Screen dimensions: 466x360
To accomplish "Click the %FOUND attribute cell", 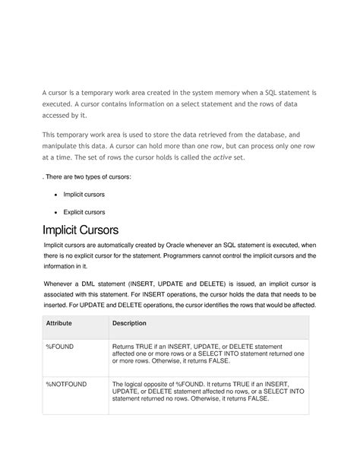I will point(62,346).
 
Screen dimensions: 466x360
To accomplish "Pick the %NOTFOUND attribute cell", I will point(67,384).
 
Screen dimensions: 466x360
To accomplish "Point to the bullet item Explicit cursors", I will point(84,212).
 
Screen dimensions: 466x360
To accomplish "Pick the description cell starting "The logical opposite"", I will point(208,391).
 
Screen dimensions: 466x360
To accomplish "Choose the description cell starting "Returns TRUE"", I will point(208,353).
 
